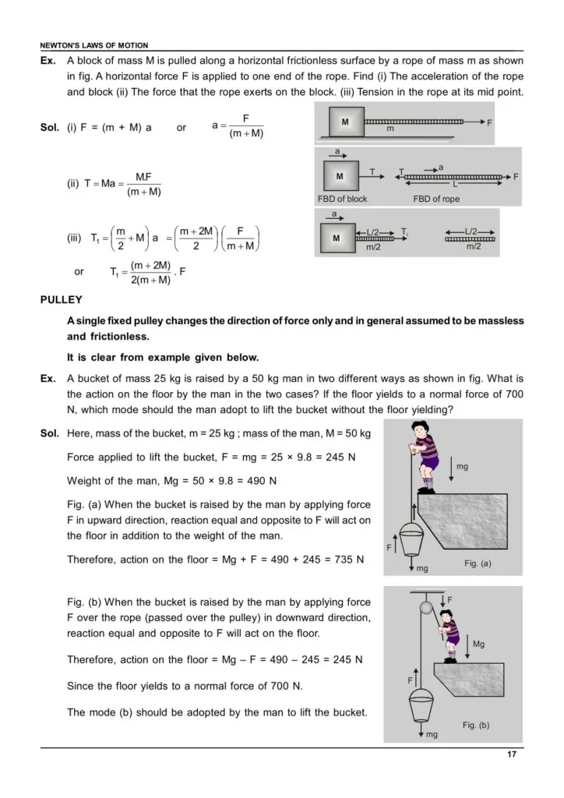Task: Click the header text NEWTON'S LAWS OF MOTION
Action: (x=94, y=46)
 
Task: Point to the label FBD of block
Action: (x=342, y=199)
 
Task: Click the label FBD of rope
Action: (x=436, y=199)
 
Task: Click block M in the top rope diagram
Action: (x=344, y=122)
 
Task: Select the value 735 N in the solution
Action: (x=347, y=560)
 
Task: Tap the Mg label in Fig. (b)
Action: (x=479, y=644)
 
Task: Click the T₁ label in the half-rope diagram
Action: (x=405, y=231)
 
